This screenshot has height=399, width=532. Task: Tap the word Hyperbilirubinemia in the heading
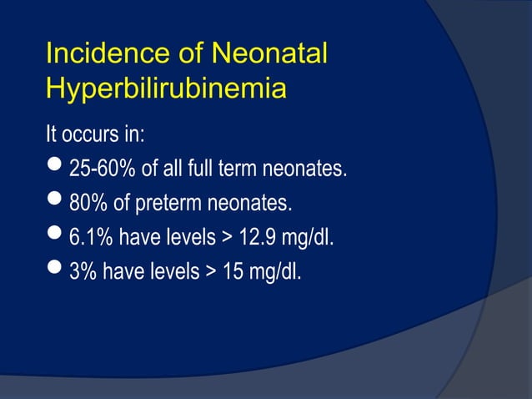(x=166, y=88)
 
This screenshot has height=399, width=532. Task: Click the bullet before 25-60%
(x=56, y=169)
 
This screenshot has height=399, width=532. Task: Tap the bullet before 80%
(x=56, y=203)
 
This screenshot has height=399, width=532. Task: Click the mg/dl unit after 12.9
(x=309, y=238)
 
